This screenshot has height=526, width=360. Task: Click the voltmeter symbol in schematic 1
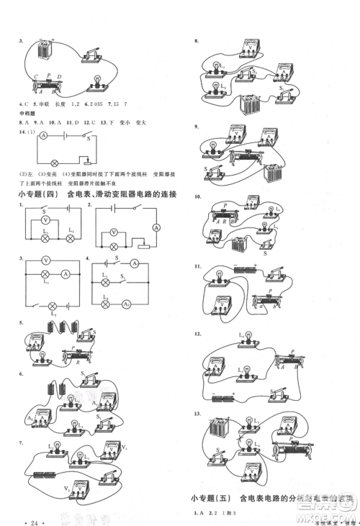(46, 220)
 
